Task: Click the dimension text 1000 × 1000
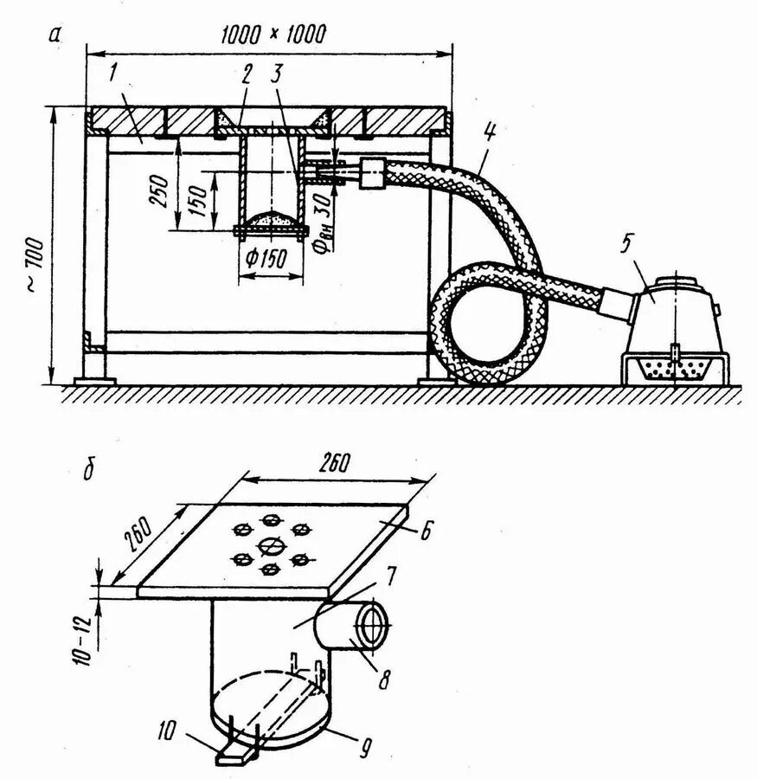tap(273, 35)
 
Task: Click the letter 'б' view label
tap(88, 472)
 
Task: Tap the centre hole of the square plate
tap(270, 545)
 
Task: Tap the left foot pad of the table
tap(95, 379)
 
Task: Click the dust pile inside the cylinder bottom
tap(271, 220)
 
